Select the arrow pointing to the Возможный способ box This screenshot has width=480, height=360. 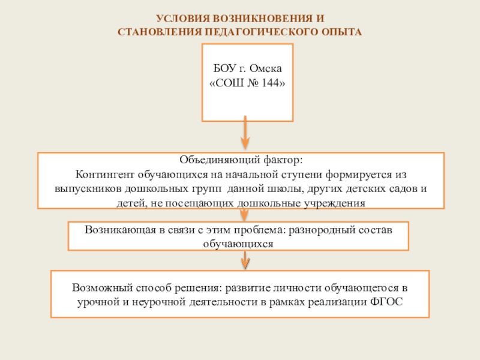tap(245, 261)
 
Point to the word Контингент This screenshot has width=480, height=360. tap(105, 175)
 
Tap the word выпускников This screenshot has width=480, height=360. tap(77, 189)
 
